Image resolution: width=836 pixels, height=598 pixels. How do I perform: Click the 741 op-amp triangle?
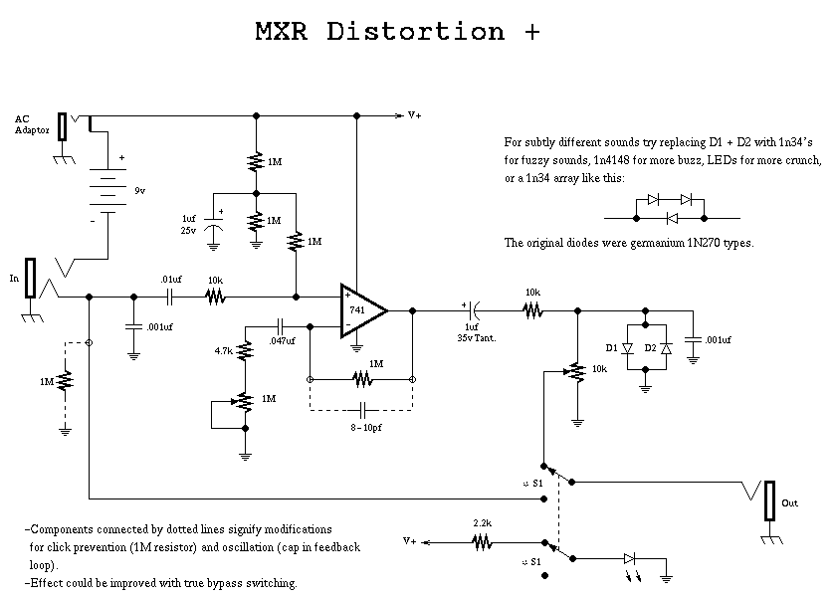[x=361, y=310]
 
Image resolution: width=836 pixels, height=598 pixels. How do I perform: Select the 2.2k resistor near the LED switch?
[x=482, y=542]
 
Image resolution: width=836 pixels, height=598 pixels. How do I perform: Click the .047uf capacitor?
[x=281, y=325]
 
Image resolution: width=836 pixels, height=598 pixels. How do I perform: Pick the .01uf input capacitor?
[x=170, y=296]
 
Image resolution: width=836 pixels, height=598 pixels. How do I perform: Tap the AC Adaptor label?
[x=31, y=124]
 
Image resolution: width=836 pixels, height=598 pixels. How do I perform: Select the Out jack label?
[x=789, y=503]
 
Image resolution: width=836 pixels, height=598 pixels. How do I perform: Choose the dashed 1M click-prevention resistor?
[x=66, y=381]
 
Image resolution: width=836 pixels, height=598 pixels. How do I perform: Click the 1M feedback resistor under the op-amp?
[x=360, y=379]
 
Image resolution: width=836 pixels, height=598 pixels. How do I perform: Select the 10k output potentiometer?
[x=574, y=371]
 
